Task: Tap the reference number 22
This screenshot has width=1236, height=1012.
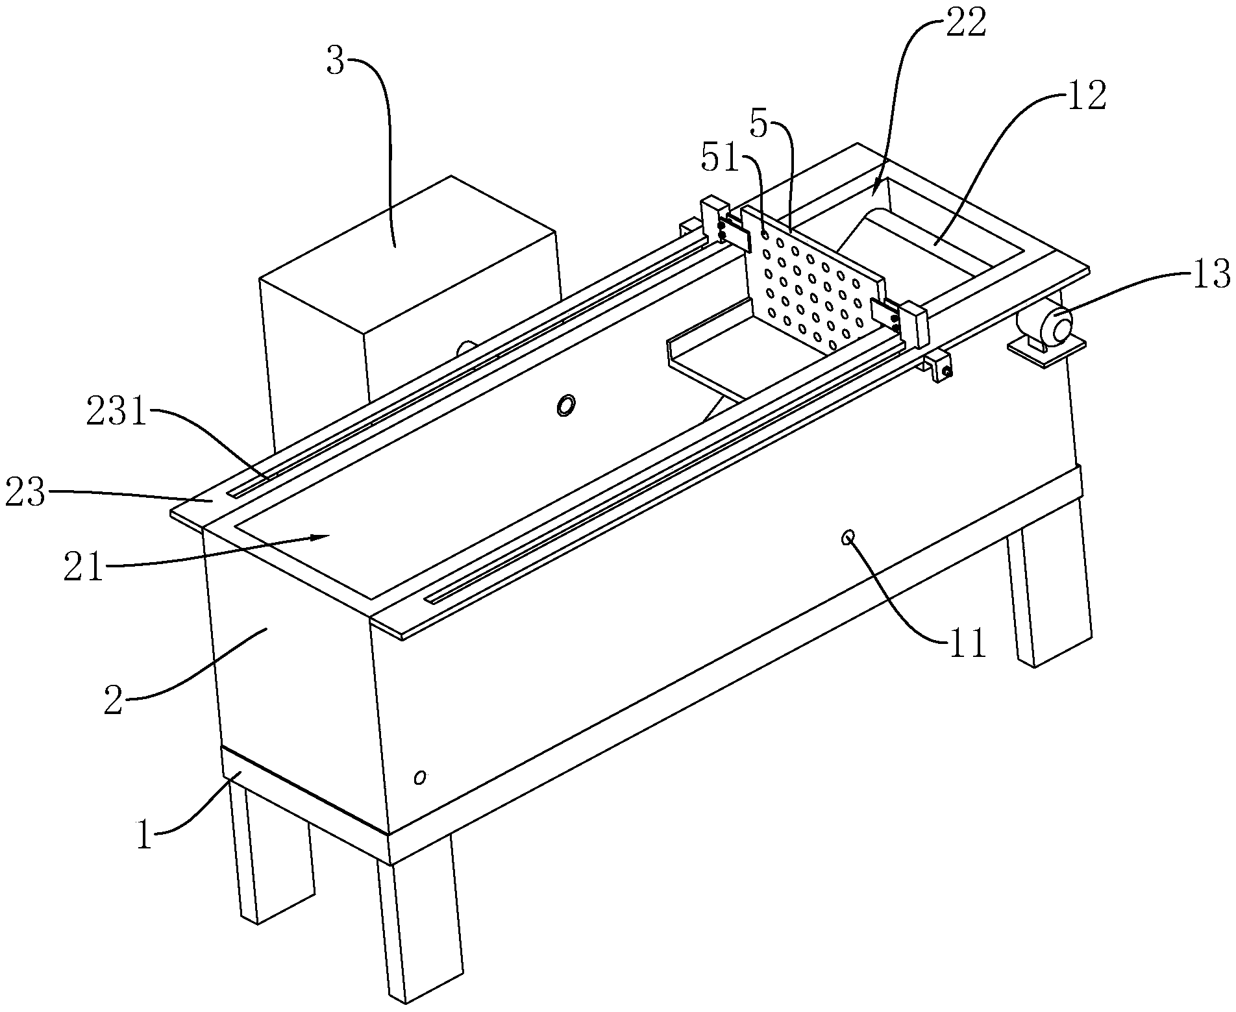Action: point(966,25)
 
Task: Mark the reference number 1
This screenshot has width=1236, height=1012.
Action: point(144,835)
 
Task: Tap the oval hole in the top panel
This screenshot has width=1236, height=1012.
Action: point(565,405)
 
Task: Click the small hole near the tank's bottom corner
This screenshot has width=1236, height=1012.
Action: point(420,776)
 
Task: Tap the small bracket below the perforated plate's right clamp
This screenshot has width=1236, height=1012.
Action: point(938,365)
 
